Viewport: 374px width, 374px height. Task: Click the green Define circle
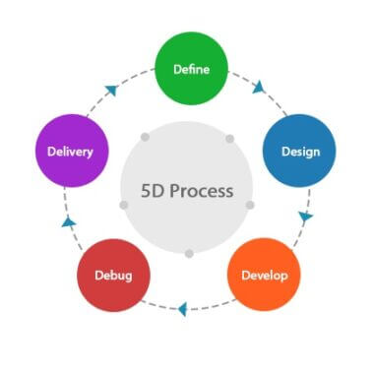click(x=191, y=69)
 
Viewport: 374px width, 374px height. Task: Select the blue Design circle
click(x=299, y=152)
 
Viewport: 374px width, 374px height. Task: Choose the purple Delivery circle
click(x=70, y=152)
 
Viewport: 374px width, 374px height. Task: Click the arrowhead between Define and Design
click(x=259, y=88)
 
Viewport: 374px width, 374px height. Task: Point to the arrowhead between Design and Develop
click(x=306, y=216)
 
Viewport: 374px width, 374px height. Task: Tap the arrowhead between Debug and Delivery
click(x=68, y=222)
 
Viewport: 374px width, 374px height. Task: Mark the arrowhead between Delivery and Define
click(x=110, y=91)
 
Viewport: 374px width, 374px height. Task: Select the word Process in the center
click(x=201, y=189)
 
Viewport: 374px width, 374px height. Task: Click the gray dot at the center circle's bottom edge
click(x=189, y=253)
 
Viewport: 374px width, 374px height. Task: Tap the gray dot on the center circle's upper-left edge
click(x=145, y=137)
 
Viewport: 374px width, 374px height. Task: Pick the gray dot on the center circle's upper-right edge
click(x=230, y=139)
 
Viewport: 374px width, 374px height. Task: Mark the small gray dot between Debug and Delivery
click(x=124, y=205)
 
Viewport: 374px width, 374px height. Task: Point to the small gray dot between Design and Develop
click(x=250, y=205)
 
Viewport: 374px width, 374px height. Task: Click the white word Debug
click(x=112, y=275)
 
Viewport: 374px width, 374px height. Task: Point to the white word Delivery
click(x=70, y=152)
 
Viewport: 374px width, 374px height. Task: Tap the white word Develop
click(x=264, y=275)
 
